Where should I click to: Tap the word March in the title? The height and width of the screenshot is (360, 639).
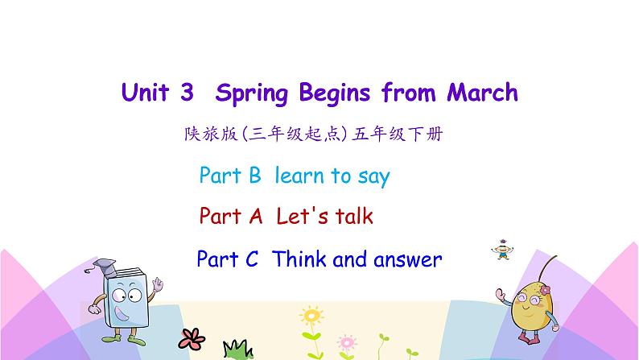click(480, 93)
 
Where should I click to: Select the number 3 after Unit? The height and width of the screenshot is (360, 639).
click(187, 93)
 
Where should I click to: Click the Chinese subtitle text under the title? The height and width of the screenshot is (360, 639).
click(313, 135)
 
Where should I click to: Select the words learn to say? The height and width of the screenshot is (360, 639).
click(332, 176)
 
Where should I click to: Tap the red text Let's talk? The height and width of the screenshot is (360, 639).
click(324, 217)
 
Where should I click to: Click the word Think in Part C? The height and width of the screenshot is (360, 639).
click(300, 259)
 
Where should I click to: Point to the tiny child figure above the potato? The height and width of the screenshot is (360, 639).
click(505, 247)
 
